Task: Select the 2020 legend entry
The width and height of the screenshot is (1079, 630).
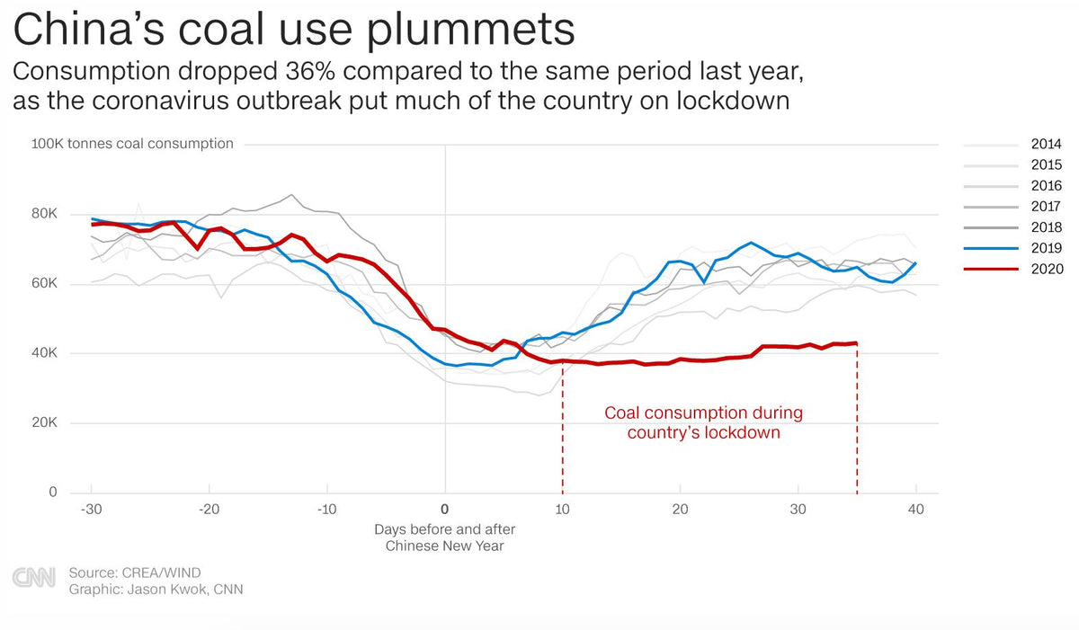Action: coord(1047,269)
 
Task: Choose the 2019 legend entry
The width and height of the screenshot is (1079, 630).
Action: coord(1047,248)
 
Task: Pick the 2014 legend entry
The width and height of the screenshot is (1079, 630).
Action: coord(1047,144)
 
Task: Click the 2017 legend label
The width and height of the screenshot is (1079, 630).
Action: coord(1047,207)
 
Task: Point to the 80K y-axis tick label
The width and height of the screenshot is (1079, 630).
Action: coord(44,214)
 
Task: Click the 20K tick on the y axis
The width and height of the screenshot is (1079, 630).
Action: coord(44,423)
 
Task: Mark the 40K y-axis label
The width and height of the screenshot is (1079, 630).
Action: coord(44,353)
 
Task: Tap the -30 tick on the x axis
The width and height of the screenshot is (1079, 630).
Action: coord(91,509)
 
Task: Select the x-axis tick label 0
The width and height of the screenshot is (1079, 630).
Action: coord(445,509)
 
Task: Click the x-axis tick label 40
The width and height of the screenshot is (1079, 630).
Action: coord(915,509)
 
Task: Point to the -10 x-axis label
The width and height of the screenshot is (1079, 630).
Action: coord(326,509)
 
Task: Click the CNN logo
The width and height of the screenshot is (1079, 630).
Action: coord(33,578)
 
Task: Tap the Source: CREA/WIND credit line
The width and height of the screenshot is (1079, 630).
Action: coord(134,572)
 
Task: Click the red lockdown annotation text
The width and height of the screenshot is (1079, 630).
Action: coord(703,422)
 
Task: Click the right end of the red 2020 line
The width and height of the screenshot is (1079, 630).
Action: coord(856,342)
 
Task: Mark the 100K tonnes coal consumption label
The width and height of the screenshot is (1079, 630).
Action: coord(132,144)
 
